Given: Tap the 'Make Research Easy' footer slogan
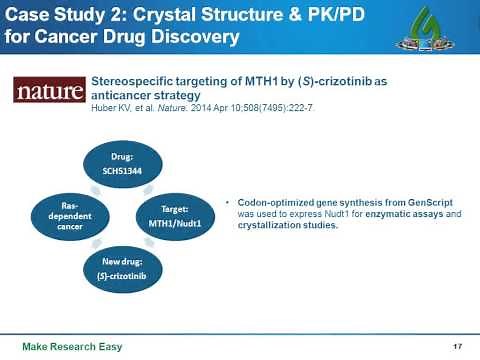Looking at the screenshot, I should coord(62,346).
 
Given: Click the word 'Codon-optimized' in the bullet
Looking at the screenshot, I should coord(272,202).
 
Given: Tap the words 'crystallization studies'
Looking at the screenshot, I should coord(284,226).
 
